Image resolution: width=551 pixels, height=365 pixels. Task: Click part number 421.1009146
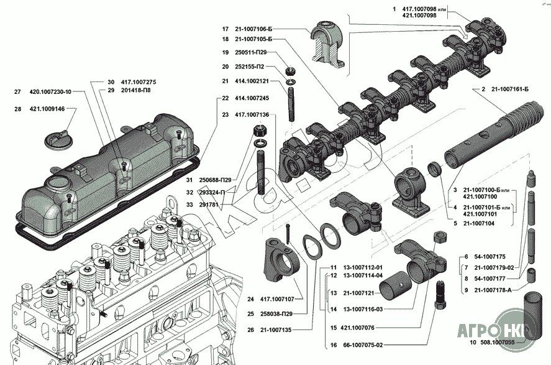pos(47,109)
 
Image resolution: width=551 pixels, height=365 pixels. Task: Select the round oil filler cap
pos(56,141)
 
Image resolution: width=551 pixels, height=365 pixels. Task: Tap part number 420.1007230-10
pos(50,92)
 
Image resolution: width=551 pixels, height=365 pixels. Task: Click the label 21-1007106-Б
pos(253,29)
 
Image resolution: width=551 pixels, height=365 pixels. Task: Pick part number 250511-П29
pos(251,52)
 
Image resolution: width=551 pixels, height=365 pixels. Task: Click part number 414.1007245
pos(252,98)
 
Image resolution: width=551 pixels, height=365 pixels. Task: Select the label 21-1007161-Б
pos(510,90)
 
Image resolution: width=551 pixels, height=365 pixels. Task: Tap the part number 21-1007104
pos(478,224)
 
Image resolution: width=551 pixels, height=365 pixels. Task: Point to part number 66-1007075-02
pos(363,345)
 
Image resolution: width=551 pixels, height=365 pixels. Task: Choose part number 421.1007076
pos(357,328)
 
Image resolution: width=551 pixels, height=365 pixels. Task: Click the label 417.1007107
pos(277,299)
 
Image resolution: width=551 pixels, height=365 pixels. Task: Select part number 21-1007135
pos(276,330)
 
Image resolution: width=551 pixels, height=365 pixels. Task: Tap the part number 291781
pos(209,205)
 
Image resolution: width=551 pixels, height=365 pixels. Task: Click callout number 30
pos(111,82)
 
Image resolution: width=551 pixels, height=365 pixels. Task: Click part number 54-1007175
pos(490,257)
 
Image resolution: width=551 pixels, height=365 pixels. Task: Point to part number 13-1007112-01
pos(363,267)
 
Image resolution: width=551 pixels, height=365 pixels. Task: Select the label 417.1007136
pos(252,114)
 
